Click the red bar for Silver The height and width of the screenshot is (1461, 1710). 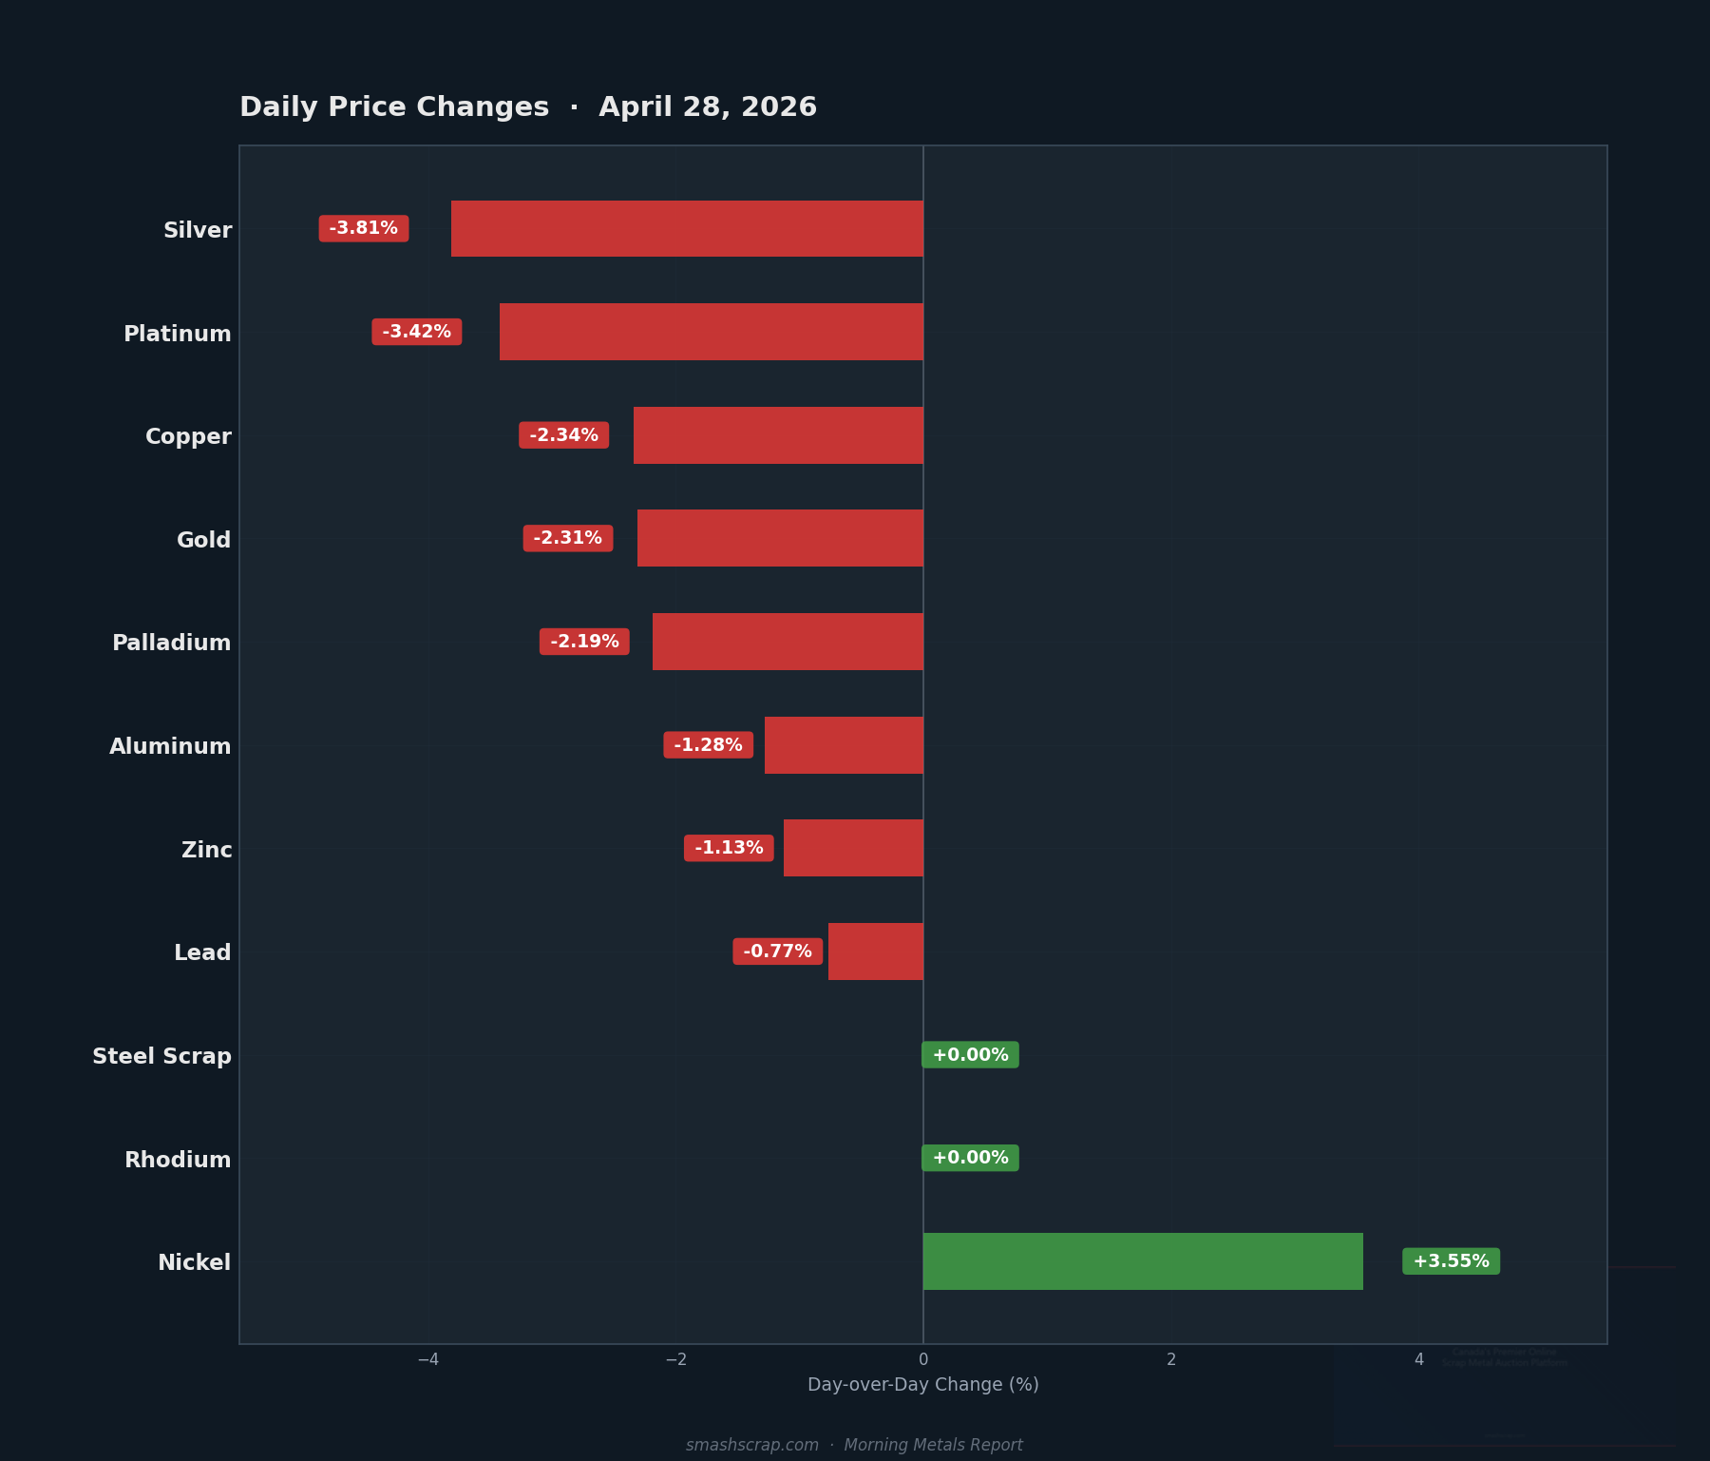(687, 228)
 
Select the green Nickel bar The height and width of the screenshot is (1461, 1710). (1143, 1261)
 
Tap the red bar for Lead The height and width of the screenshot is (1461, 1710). (875, 952)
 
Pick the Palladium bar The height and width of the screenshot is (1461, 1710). (788, 642)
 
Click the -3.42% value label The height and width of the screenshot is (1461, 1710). (416, 332)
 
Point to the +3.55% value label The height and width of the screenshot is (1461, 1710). (1451, 1261)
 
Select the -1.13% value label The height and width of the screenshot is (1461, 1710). (729, 848)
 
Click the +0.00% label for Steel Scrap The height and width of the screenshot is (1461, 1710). (970, 1055)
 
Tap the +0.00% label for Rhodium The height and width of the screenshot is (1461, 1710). (970, 1158)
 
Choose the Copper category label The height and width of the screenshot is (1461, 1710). (188, 436)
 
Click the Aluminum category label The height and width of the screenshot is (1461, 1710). (170, 746)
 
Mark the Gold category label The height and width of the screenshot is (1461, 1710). (203, 540)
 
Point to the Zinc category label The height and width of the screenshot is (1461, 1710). (206, 850)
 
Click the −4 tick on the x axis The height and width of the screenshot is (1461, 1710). (427, 1359)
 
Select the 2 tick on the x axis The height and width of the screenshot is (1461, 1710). (1171, 1359)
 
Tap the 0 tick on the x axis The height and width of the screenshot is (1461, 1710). (923, 1359)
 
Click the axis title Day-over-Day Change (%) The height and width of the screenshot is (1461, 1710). (923, 1385)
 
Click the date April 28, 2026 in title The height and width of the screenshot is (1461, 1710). (708, 107)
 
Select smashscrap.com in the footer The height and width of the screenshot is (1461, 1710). (752, 1445)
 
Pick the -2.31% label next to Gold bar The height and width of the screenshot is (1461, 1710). (568, 538)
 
